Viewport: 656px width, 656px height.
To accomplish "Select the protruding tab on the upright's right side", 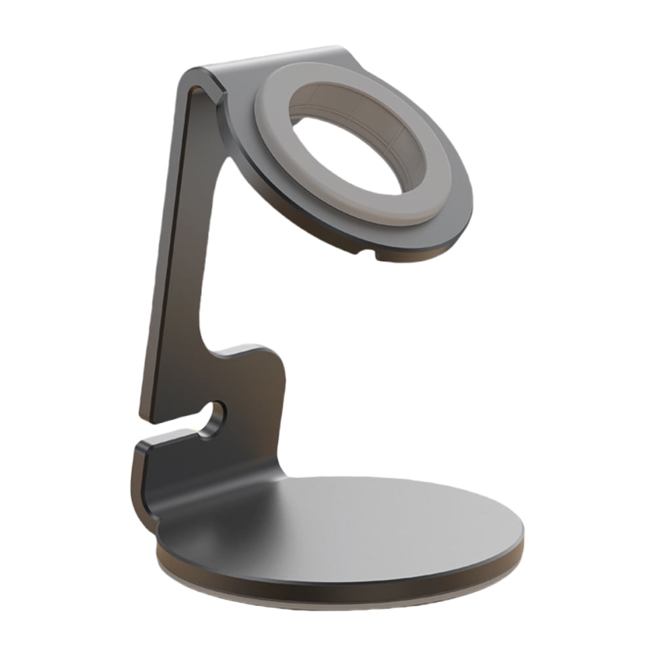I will pos(262,358).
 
